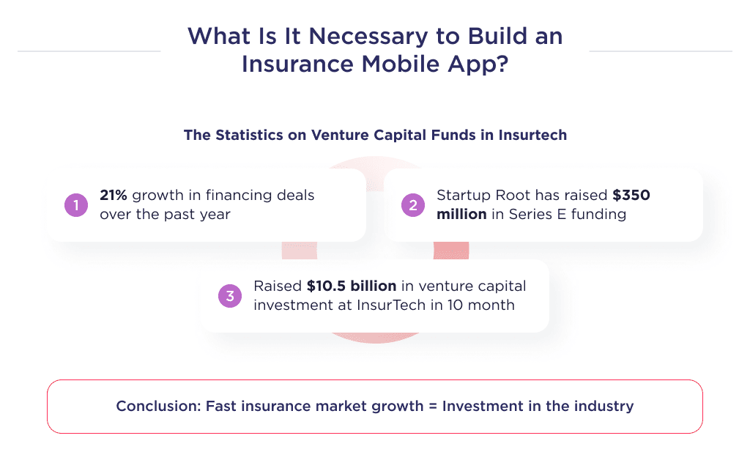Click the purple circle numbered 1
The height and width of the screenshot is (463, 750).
(x=75, y=205)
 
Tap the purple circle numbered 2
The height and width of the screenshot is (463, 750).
(x=412, y=205)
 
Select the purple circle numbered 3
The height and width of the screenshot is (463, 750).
(x=229, y=296)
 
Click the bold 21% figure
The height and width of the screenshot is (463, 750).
(x=114, y=196)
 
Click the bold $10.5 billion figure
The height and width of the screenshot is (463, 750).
(x=352, y=286)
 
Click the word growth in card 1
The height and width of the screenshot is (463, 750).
(x=155, y=196)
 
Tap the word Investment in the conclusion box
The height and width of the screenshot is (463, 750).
(x=478, y=406)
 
